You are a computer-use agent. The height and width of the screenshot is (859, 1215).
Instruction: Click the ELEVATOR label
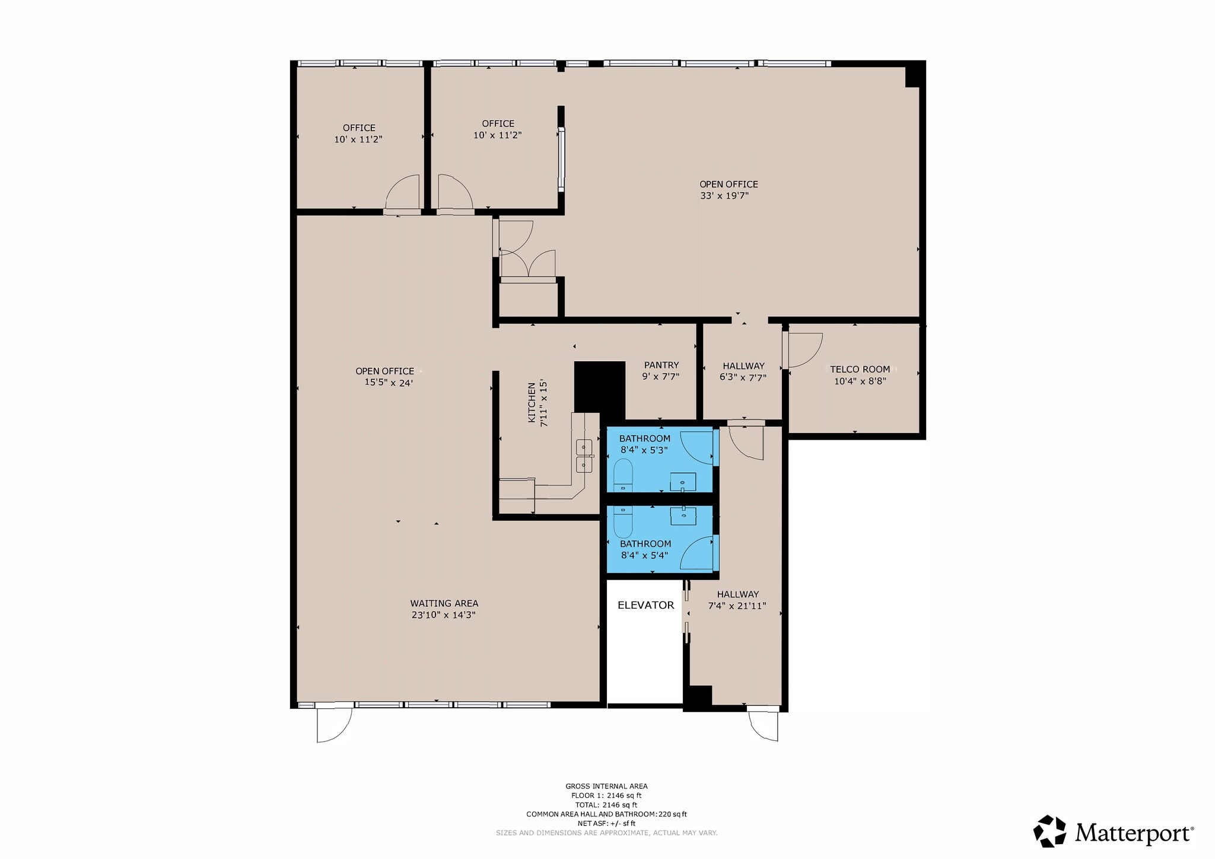(645, 605)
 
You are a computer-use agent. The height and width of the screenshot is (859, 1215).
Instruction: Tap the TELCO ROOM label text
(860, 369)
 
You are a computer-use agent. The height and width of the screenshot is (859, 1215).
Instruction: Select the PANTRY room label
(661, 365)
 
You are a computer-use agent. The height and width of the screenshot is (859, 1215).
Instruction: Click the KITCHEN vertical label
(532, 402)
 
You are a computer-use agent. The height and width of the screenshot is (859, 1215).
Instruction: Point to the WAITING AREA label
(444, 603)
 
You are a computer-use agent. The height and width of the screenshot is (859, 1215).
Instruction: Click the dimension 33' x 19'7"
(724, 196)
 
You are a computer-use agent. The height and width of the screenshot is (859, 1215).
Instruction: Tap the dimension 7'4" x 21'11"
(737, 606)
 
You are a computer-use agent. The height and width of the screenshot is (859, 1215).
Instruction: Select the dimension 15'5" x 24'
(389, 383)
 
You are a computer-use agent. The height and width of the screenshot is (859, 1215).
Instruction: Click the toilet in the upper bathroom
(623, 476)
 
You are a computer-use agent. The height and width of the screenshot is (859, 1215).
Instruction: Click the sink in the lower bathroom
(683, 516)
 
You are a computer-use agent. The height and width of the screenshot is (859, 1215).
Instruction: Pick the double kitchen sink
(584, 456)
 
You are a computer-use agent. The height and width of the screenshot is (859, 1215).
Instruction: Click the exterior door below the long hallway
(764, 726)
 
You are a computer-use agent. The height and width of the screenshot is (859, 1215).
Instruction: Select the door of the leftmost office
(403, 193)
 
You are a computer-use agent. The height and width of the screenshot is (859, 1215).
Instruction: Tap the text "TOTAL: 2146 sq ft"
(606, 805)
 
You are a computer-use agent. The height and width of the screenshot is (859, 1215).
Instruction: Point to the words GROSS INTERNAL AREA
(606, 786)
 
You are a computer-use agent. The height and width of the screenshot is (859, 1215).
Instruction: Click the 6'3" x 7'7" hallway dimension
(743, 377)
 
